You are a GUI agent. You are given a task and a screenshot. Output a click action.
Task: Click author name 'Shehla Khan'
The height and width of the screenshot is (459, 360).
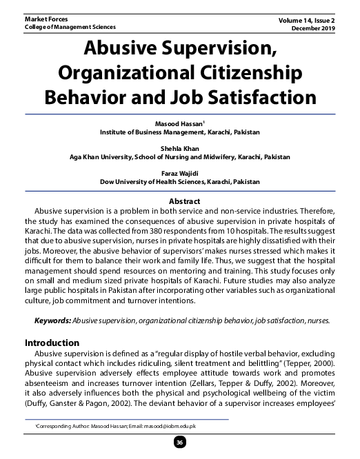(x=179, y=148)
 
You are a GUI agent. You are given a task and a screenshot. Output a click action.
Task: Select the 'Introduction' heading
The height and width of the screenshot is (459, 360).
(x=53, y=342)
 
